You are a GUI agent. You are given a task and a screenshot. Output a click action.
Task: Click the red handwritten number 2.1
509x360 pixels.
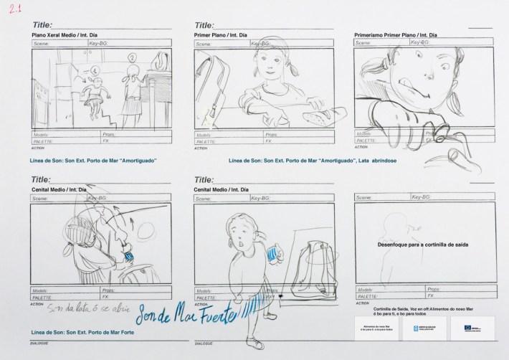pyautogui.click(x=14, y=9)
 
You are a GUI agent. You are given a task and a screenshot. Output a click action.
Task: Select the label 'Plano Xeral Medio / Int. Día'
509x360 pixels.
pyautogui.click(x=69, y=34)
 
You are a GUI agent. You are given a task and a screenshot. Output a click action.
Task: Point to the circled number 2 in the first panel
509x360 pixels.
pyautogui.click(x=132, y=59)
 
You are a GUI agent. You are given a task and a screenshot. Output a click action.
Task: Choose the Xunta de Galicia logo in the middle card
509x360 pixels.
pyautogui.click(x=424, y=327)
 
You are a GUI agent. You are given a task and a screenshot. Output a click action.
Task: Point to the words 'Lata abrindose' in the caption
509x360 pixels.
pyautogui.click(x=376, y=161)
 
